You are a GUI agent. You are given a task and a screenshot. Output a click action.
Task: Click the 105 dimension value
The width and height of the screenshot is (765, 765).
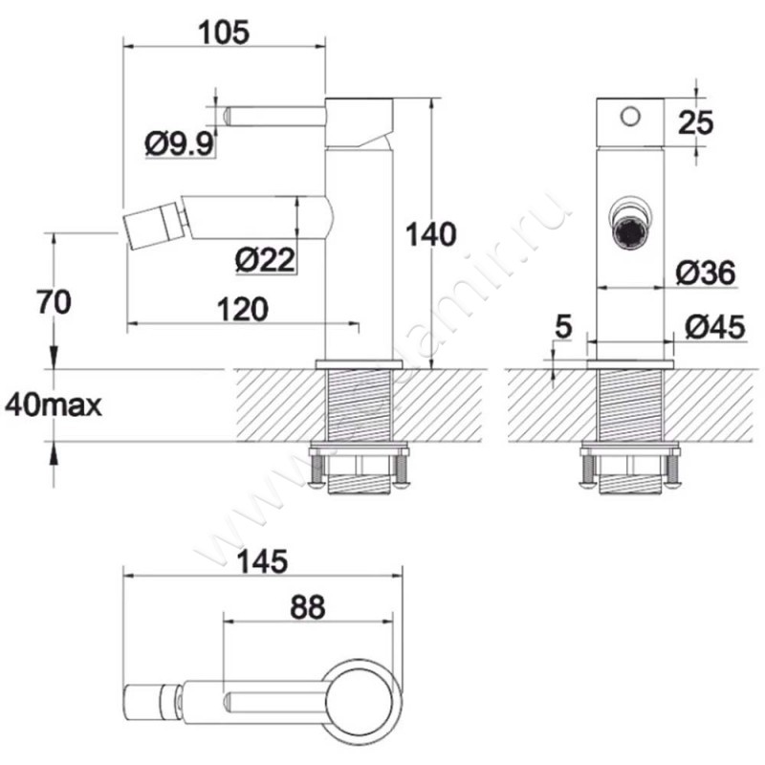(x=225, y=31)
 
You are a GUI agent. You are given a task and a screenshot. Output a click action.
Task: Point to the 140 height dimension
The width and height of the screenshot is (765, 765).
(x=431, y=233)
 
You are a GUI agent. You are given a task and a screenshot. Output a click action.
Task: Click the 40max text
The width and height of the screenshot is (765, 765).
(x=54, y=404)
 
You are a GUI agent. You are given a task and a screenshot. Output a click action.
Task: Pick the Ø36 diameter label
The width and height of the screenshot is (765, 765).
(x=705, y=273)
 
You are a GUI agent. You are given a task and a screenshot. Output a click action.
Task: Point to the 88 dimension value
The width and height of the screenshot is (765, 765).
(x=305, y=606)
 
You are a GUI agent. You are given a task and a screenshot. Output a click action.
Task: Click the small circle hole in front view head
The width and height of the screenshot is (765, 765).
(x=628, y=116)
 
